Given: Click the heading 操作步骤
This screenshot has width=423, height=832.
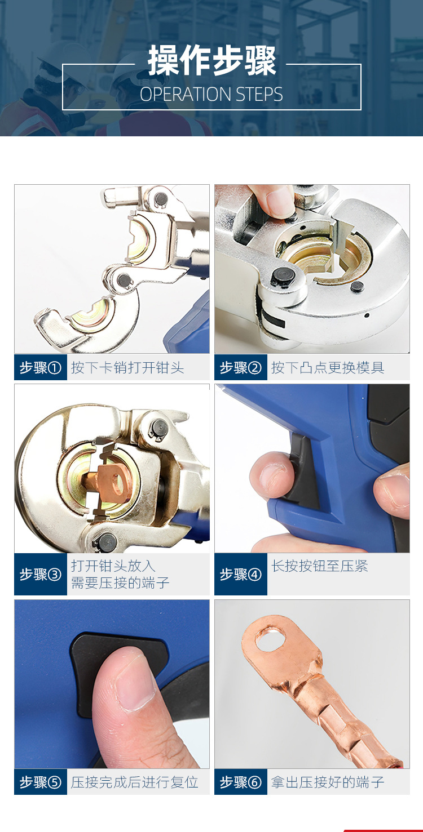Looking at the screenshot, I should click(212, 61).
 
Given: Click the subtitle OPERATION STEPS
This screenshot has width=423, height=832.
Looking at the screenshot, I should click(211, 94).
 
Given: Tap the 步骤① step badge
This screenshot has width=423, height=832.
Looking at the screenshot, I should click(40, 368).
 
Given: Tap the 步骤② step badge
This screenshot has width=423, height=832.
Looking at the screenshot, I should click(241, 368).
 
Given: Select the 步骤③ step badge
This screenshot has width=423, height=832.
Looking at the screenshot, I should click(40, 575).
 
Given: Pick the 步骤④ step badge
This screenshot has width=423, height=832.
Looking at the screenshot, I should click(241, 575).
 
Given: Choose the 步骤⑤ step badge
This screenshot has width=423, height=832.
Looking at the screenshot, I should click(40, 782).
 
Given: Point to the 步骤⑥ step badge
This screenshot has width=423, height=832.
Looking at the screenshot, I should click(241, 782).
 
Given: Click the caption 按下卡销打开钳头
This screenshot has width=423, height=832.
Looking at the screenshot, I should click(127, 368).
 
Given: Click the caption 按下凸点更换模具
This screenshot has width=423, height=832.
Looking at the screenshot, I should click(328, 368).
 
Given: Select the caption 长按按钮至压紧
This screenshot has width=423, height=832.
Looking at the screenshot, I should click(320, 566).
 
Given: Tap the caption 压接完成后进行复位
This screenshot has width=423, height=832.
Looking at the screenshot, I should click(135, 782).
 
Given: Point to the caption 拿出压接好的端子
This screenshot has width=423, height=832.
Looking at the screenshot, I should click(328, 782).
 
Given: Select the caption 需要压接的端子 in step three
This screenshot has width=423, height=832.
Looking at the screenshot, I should click(120, 583).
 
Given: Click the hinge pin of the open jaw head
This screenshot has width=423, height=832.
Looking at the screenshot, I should click(121, 277).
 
